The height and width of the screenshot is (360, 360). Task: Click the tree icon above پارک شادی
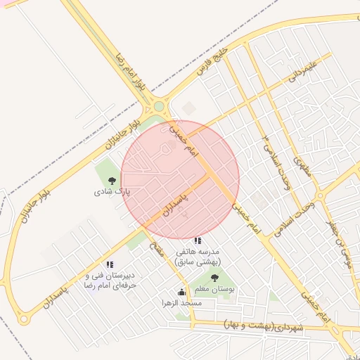pos(112,179)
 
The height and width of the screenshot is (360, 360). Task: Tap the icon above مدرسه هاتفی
pos(198,240)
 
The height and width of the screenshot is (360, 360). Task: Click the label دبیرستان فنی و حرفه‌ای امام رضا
pos(110,281)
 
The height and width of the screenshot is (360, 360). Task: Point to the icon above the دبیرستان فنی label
pos(110,264)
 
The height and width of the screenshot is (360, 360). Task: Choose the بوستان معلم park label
pos(214,289)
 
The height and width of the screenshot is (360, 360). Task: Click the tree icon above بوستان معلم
pos(214,278)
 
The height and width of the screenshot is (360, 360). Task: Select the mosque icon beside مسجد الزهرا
pos(181,292)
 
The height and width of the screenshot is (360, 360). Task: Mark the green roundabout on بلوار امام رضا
pos(160,107)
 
